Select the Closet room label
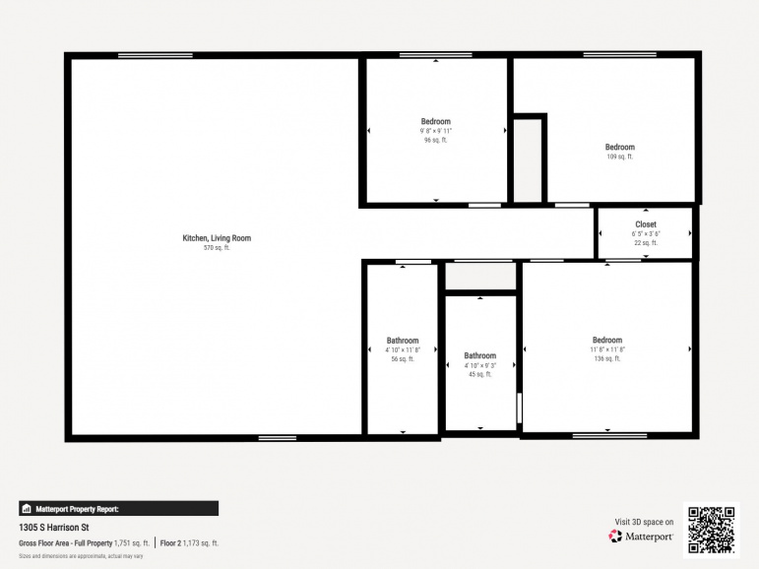646,224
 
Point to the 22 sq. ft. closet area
646,242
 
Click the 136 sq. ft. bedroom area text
606,359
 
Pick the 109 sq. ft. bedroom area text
619,157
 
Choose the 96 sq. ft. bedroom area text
436,140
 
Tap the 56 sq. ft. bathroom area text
403,359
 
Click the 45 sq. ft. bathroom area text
480,374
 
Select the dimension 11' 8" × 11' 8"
606,350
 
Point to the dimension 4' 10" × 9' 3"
480,365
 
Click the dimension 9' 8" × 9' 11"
436,131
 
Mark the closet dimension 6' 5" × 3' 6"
646,233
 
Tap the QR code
711,530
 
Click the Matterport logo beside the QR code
641,537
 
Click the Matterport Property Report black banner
118,509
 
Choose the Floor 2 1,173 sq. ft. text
189,543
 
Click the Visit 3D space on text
644,522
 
